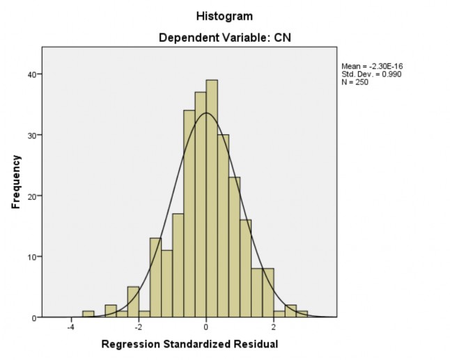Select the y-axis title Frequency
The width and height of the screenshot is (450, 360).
click(17, 182)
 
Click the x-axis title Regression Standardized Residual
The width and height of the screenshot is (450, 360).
click(189, 344)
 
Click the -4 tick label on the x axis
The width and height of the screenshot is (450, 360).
click(70, 327)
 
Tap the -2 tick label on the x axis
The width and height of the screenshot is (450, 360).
click(137, 327)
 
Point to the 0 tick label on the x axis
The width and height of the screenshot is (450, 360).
click(206, 327)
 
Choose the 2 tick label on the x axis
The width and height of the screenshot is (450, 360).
click(274, 327)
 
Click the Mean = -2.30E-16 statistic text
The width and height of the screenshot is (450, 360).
click(372, 66)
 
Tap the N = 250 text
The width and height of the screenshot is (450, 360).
click(355, 82)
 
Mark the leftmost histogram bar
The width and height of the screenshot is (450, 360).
click(88, 314)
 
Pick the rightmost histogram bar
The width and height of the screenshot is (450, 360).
click(302, 314)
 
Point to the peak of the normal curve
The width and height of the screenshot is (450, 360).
click(206, 113)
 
